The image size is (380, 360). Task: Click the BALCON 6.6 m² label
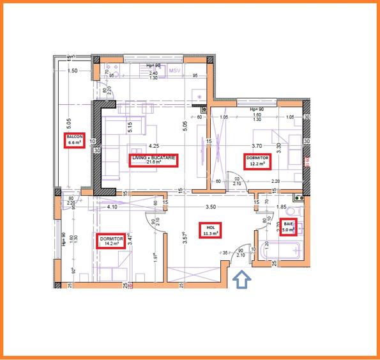click(75, 141)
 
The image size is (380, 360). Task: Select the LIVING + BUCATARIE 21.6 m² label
click(153, 160)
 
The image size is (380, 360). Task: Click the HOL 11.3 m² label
click(208, 231)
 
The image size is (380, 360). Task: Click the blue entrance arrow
click(242, 280)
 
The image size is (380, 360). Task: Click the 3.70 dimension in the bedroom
click(257, 145)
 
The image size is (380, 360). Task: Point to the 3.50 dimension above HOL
click(211, 207)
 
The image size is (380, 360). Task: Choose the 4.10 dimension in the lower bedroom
click(112, 207)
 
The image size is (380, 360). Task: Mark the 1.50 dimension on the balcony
click(72, 71)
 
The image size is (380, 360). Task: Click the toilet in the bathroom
click(295, 212)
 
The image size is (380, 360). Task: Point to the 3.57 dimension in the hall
click(184, 240)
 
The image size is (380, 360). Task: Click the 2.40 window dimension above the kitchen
click(153, 74)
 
